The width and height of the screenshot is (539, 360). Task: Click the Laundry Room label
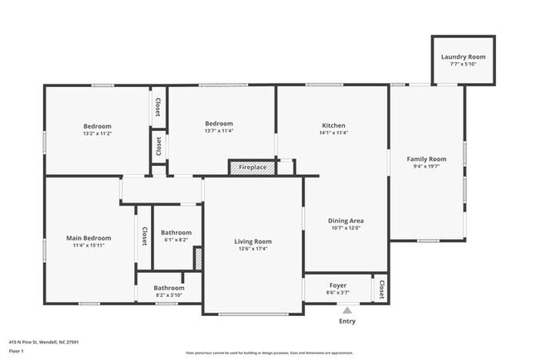464,56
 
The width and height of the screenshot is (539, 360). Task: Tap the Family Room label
426,158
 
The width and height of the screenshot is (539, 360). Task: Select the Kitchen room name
333,124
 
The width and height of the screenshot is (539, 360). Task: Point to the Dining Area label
346,221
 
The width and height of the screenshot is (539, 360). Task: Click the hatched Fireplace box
252,168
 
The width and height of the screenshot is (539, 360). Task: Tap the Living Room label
252,241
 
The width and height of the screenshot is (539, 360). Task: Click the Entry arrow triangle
347,309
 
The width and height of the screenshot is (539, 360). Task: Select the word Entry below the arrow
347,321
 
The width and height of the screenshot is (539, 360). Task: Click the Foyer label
337,285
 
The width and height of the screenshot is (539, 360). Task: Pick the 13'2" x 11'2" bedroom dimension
97,133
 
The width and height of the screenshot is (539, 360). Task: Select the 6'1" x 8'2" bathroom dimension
176,240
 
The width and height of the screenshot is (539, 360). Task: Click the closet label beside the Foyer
381,288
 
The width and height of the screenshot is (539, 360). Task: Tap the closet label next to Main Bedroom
143,237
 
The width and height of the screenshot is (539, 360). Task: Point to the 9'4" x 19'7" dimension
426,166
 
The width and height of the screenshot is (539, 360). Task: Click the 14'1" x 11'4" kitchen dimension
333,131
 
